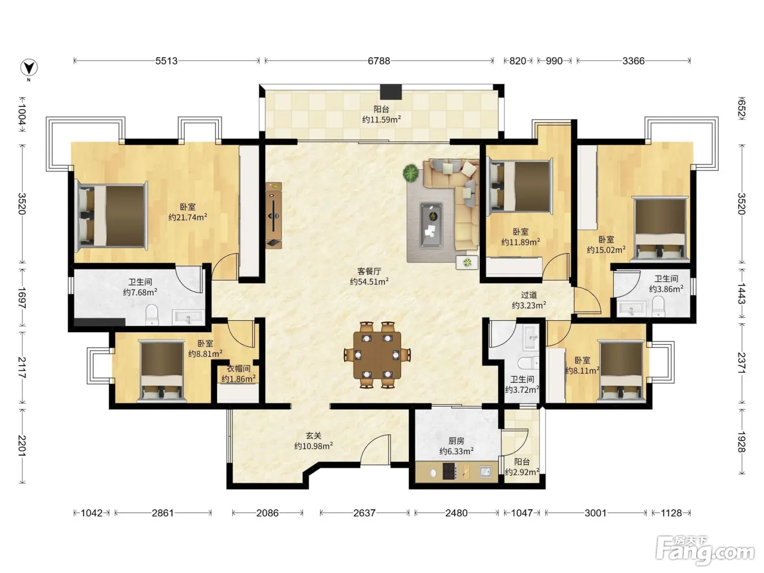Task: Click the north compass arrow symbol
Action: (29, 68)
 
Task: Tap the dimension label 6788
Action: (379, 61)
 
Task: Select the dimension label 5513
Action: (166, 61)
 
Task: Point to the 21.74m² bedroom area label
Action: (188, 217)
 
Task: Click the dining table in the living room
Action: (377, 355)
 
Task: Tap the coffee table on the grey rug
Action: (432, 226)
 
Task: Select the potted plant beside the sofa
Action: (411, 173)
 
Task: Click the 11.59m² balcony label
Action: (381, 120)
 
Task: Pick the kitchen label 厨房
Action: (456, 441)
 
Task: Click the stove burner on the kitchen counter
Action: (449, 471)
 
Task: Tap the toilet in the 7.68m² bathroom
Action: (152, 314)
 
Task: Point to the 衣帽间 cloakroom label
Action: (238, 369)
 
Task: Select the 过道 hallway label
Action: (529, 295)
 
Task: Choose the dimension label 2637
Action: (364, 513)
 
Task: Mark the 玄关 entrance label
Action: (313, 435)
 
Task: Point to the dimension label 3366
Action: (634, 61)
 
